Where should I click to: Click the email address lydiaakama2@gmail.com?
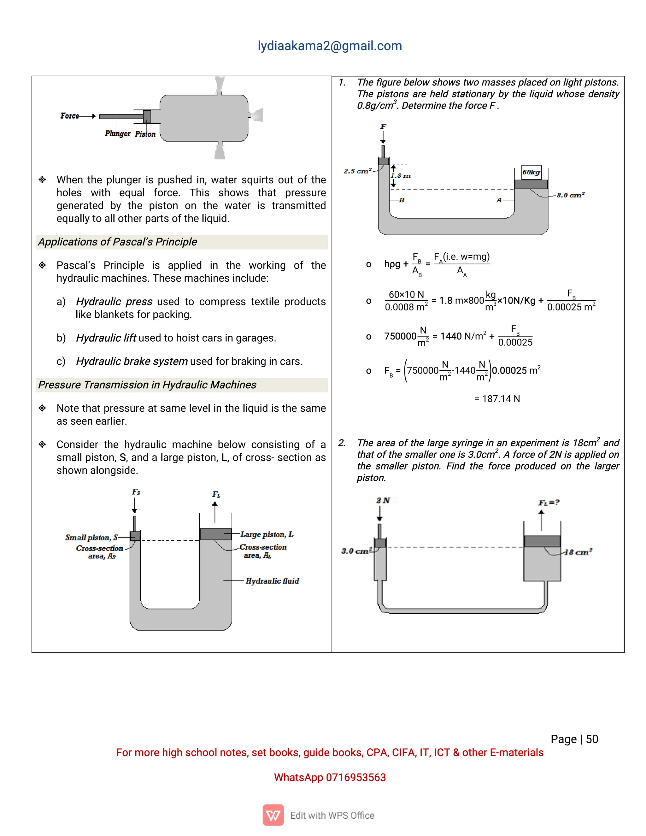[330, 46]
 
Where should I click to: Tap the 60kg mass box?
[531, 173]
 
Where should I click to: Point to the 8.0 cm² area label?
[571, 195]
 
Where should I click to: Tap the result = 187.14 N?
[497, 399]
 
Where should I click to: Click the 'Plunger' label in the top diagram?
[117, 133]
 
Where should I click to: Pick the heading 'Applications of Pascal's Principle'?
[117, 242]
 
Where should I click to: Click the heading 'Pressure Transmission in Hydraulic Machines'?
[147, 385]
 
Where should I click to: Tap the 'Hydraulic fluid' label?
[272, 581]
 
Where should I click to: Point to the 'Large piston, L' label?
[267, 534]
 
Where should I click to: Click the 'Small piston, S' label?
[91, 538]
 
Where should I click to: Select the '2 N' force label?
[383, 500]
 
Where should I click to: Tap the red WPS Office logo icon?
[273, 815]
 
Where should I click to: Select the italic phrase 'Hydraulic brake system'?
[132, 361]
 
